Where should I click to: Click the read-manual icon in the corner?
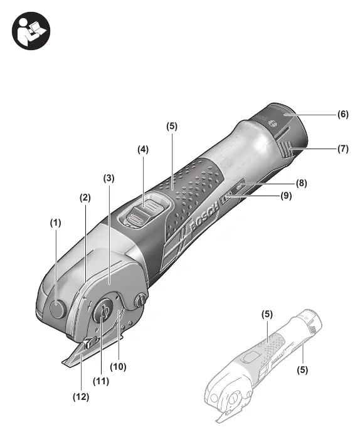tap(31, 31)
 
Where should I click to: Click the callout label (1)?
tap(56, 223)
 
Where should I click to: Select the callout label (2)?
tap(85, 198)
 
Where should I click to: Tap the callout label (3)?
tap(109, 178)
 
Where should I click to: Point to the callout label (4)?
tap(143, 150)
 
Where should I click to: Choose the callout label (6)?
tap(343, 114)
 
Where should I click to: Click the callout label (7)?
tap(343, 149)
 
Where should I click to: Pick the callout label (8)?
tap(302, 183)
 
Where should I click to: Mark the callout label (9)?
tap(286, 196)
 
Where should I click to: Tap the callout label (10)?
tap(119, 367)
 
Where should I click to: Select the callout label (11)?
tap(101, 381)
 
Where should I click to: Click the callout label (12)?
tap(81, 397)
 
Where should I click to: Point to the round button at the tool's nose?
tap(58, 310)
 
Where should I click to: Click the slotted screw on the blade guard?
tap(140, 300)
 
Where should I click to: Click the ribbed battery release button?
tap(286, 150)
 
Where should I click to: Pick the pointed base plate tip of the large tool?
tap(63, 363)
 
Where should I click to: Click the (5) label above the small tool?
tap(267, 314)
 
